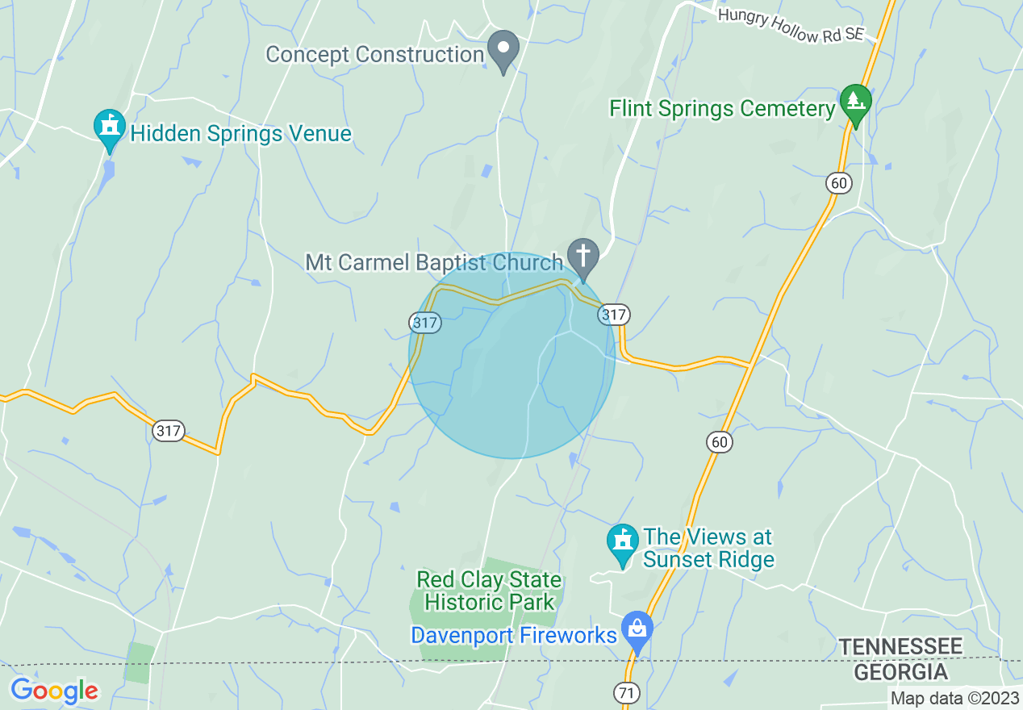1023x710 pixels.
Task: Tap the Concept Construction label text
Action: [x=374, y=55]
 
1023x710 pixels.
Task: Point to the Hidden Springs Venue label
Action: [x=240, y=134]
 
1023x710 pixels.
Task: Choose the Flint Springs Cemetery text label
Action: [x=721, y=109]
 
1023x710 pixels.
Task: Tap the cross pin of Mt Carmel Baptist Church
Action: [x=583, y=257]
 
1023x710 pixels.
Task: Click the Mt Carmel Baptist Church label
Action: [x=433, y=262]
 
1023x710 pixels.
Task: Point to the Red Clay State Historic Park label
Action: [x=489, y=591]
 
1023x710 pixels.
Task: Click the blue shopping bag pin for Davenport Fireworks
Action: [x=637, y=629]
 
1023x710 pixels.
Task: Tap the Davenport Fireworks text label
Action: [x=514, y=635]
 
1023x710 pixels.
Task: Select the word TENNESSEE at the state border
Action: [x=900, y=646]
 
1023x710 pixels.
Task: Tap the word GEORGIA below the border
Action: [x=900, y=671]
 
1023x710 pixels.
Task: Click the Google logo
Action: [x=54, y=691]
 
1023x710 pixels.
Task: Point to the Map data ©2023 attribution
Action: [x=955, y=698]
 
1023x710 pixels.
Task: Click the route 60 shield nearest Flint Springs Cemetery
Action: [x=839, y=183]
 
